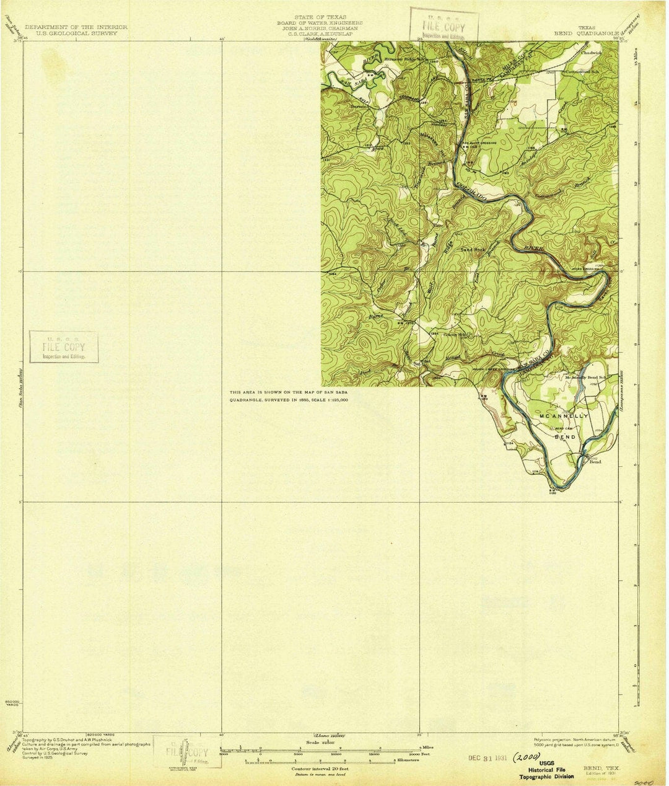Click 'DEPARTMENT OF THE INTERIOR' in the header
pyautogui.click(x=76, y=27)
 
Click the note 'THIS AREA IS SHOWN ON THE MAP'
pyautogui.click(x=289, y=392)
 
